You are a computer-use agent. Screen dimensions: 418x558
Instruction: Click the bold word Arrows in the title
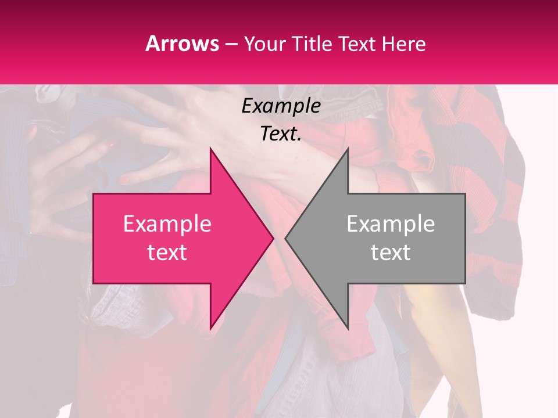(x=183, y=44)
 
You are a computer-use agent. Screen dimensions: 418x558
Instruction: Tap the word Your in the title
(x=264, y=44)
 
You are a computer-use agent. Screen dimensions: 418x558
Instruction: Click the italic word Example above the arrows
(x=281, y=106)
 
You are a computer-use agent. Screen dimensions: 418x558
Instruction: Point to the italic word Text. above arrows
(x=281, y=134)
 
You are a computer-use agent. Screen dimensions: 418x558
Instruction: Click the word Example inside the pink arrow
(x=167, y=224)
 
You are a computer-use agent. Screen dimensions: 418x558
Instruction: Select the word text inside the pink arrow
(x=167, y=253)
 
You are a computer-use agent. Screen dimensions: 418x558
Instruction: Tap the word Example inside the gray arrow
(x=391, y=224)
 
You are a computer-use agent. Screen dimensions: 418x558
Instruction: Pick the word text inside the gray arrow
(x=391, y=253)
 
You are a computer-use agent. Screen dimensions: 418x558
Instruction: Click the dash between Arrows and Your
(x=231, y=44)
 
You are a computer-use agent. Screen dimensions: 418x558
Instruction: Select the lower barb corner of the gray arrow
(x=348, y=328)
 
